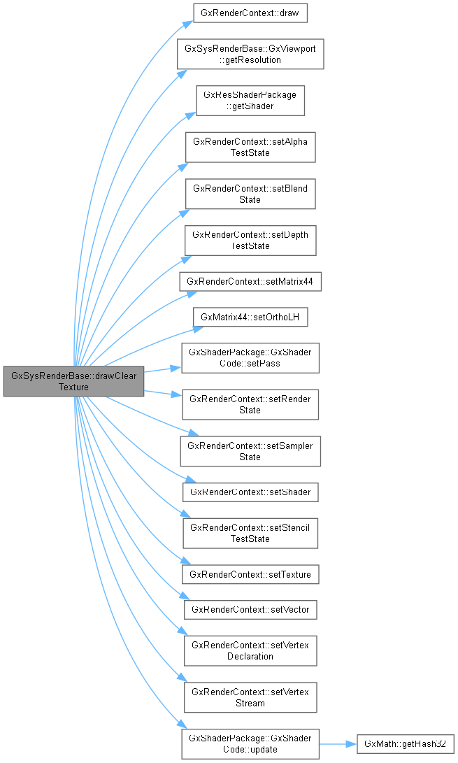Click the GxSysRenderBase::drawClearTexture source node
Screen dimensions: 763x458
pos(73,380)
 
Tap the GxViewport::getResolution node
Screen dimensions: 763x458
pos(250,54)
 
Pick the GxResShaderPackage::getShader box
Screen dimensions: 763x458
pos(250,101)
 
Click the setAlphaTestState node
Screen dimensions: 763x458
pos(250,148)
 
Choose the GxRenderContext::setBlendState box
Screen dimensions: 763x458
pos(250,194)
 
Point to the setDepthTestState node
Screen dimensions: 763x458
pos(250,241)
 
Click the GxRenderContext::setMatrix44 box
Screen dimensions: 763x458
pos(250,282)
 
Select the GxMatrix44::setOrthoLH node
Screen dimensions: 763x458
pos(250,317)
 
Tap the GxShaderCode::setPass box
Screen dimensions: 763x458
pos(250,357)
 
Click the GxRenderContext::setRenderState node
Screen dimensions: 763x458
pos(250,404)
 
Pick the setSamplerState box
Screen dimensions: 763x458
pos(250,451)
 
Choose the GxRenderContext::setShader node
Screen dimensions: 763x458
pos(250,492)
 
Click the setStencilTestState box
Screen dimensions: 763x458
pos(250,533)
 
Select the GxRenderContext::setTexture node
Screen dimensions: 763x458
pos(250,574)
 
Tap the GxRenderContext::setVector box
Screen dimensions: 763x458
pos(250,609)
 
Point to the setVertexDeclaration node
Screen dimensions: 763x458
pos(250,650)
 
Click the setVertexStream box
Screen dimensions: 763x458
pos(250,697)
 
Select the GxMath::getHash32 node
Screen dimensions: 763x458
pos(406,744)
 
